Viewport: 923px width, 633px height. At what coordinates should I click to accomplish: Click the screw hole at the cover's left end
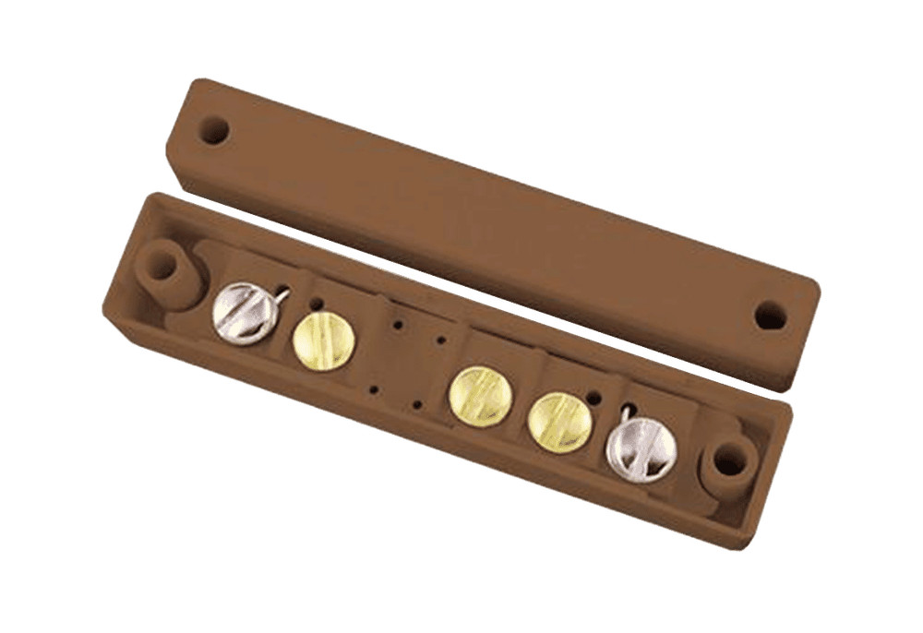(x=213, y=129)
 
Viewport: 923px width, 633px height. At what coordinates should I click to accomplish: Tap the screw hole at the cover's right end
(x=771, y=316)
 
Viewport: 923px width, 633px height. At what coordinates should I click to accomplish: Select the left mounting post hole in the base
(x=162, y=266)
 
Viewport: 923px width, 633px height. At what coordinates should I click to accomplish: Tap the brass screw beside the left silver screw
(x=324, y=340)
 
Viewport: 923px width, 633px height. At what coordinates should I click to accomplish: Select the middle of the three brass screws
(x=481, y=396)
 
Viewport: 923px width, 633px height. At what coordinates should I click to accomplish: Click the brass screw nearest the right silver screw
(x=559, y=422)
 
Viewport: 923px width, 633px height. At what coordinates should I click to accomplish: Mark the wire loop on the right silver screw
(x=626, y=416)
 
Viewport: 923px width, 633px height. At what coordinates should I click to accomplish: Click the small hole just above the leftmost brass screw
(x=317, y=304)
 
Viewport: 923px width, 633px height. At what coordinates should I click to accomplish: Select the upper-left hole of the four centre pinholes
(x=397, y=326)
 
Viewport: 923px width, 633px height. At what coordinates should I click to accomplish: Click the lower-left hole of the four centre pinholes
(x=373, y=389)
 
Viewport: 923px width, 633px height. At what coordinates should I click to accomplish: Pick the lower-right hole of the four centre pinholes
(x=417, y=404)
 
